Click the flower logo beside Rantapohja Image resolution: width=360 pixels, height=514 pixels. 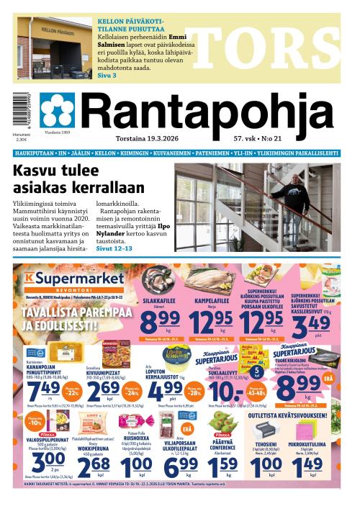(58, 109)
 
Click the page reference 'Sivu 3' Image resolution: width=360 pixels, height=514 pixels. (107, 75)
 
